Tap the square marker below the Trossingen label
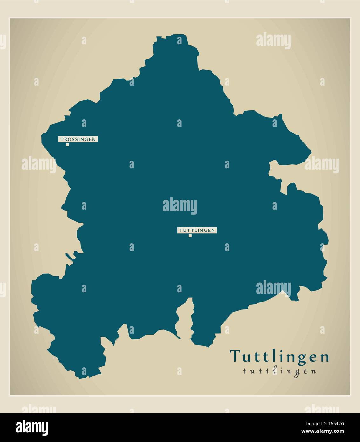point(67,145)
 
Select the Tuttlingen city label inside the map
point(197,230)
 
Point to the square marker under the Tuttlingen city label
point(190,236)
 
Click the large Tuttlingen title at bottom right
point(279,356)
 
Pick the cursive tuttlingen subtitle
point(279,371)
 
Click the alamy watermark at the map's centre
point(180,206)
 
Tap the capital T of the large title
point(236,356)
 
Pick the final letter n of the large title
point(324,357)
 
